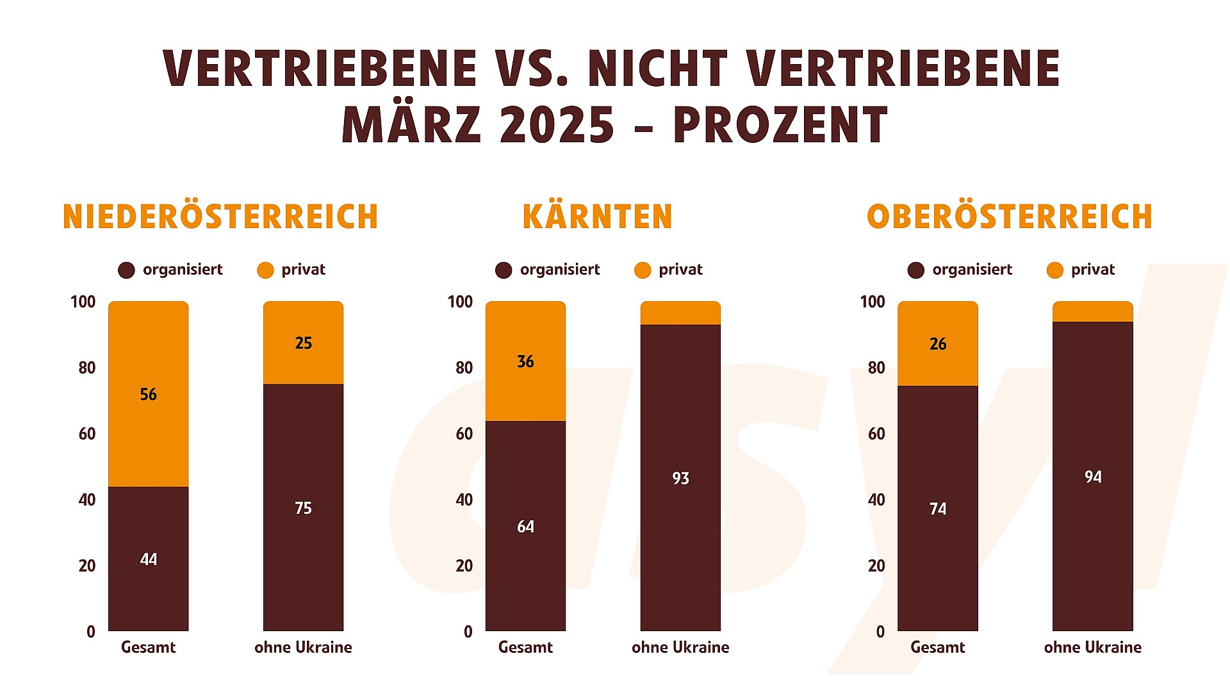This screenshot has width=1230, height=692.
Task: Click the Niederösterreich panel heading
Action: click(220, 217)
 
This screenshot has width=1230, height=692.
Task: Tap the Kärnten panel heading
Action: click(597, 217)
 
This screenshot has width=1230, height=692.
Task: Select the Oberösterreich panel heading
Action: click(1010, 217)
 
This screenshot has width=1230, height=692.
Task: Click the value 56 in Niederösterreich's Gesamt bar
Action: click(148, 395)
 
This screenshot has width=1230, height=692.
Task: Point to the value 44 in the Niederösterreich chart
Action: click(148, 559)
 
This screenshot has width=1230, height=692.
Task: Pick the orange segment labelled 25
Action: click(303, 343)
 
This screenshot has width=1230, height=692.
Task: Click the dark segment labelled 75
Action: click(303, 508)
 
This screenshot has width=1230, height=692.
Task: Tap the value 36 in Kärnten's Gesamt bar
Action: click(525, 362)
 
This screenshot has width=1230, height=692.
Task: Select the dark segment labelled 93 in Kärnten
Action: click(680, 478)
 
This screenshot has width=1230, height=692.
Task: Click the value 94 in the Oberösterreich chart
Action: click(1093, 477)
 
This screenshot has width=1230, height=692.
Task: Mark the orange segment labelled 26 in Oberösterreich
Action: click(938, 344)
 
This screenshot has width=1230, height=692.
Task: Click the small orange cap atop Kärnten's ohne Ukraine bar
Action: click(680, 313)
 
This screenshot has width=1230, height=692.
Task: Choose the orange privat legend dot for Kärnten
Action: click(642, 270)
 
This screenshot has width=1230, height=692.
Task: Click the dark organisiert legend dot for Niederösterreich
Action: click(126, 270)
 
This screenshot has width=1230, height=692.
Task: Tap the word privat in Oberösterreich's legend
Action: click(1093, 270)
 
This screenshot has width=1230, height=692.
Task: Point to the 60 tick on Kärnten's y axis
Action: click(464, 434)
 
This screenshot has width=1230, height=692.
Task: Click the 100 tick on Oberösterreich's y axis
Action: click(872, 302)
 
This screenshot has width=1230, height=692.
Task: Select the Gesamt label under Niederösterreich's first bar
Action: click(148, 647)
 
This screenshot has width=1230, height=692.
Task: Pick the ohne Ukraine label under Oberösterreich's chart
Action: click(1092, 647)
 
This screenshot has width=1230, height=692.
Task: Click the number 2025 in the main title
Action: click(557, 124)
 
